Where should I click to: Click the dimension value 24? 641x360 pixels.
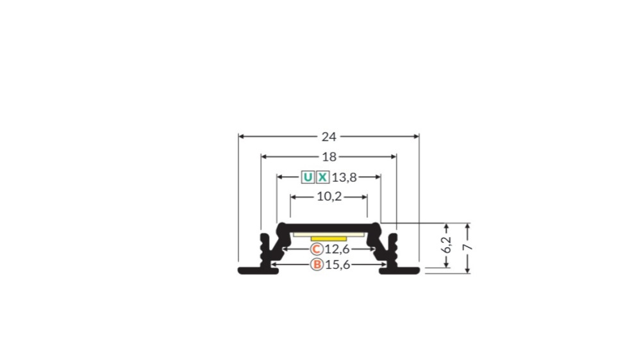pyautogui.click(x=329, y=136)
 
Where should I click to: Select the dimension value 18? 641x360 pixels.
pyautogui.click(x=329, y=156)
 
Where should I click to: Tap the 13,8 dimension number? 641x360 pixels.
pyautogui.click(x=344, y=177)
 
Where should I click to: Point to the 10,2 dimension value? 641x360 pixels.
pyautogui.click(x=329, y=197)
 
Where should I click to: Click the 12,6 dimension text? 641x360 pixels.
pyautogui.click(x=337, y=249)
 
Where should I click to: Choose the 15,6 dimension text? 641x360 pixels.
pyautogui.click(x=338, y=265)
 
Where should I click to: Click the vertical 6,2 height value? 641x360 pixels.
pyautogui.click(x=447, y=245)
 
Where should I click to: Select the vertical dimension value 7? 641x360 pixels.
pyautogui.click(x=467, y=247)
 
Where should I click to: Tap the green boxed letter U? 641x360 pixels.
pyautogui.click(x=308, y=177)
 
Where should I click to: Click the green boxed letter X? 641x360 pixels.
pyautogui.click(x=322, y=177)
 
